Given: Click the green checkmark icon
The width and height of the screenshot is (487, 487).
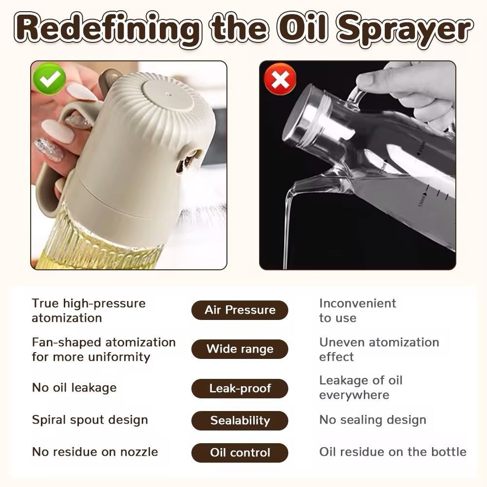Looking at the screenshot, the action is [49, 78].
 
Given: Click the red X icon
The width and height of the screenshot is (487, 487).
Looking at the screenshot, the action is [280, 79].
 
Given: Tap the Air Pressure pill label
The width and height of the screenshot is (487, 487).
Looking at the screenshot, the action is [240, 310].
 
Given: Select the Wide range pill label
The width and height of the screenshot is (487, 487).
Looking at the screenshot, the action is [240, 349].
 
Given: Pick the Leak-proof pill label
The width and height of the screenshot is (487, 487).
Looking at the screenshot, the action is [240, 388].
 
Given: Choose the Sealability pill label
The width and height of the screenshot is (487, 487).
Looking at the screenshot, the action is [240, 421].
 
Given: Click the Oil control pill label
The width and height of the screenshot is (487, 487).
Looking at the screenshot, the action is [240, 452].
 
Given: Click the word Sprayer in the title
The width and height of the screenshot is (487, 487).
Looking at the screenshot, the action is [405, 30].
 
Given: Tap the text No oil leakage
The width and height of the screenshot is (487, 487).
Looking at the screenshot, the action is [74, 388].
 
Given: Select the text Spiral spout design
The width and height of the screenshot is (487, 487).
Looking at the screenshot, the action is [90, 420].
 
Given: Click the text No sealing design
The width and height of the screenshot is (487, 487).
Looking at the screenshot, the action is [373, 420].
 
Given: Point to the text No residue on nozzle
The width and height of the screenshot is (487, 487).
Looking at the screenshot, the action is [95, 452].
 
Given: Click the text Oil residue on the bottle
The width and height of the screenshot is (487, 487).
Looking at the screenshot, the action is [393, 452].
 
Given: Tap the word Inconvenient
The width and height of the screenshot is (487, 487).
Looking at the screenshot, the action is [357, 303].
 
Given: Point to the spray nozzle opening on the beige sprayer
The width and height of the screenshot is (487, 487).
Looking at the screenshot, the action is [188, 160].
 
